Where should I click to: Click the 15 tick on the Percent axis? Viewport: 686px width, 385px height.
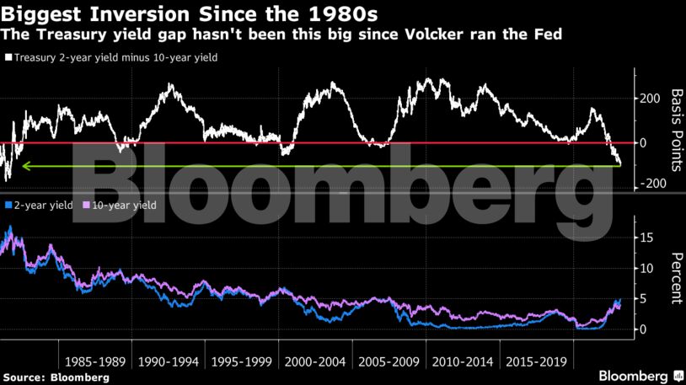point(647,238)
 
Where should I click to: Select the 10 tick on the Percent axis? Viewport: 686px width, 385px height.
point(647,269)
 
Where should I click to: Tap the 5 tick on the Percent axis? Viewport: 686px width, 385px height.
point(644,299)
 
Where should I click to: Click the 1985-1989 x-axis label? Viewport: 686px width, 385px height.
point(94,361)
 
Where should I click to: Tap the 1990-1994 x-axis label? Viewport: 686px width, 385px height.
point(169,361)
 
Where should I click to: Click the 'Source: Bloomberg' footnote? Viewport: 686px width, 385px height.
point(56,377)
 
